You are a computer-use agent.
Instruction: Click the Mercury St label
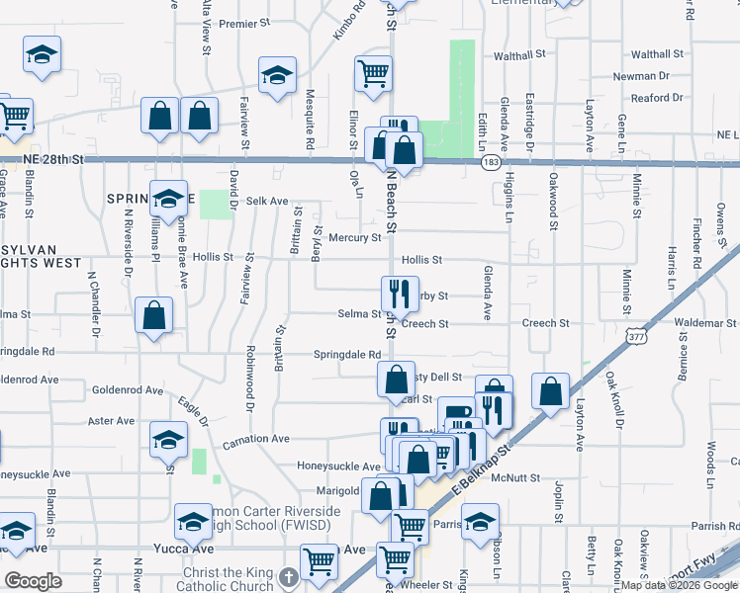coord(354,238)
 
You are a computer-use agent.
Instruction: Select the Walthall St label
coord(657,54)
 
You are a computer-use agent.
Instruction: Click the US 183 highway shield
coord(491,161)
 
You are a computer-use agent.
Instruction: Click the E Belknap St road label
coord(484,465)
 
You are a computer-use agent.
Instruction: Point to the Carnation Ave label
coord(255,439)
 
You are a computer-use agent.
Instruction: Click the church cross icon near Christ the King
coord(288,576)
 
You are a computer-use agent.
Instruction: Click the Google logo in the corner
coord(34,581)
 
